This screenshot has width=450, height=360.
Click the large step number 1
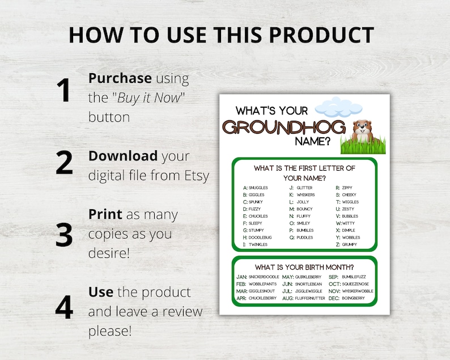pyautogui.click(x=64, y=91)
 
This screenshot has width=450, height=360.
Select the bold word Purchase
pyautogui.click(x=120, y=78)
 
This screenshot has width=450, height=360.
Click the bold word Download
pyautogui.click(x=123, y=156)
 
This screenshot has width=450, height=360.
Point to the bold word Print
pyautogui.click(x=105, y=215)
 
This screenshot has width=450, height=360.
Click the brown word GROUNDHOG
pyautogui.click(x=284, y=127)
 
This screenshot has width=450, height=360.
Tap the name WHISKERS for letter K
pyautogui.click(x=305, y=194)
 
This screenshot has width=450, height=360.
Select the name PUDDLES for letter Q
pyautogui.click(x=304, y=238)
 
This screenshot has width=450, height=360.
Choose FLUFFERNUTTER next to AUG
pyautogui.click(x=311, y=298)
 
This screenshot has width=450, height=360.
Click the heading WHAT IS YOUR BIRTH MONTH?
pyautogui.click(x=304, y=267)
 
